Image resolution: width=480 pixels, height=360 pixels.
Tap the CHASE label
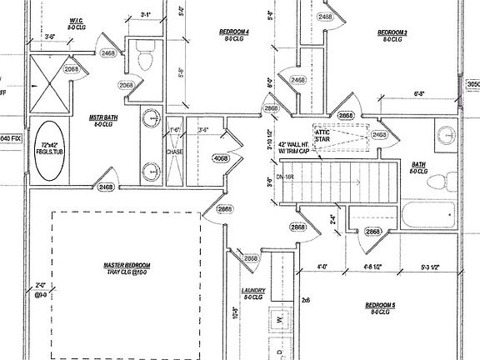[174, 152]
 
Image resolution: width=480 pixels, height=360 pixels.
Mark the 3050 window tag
[472, 84]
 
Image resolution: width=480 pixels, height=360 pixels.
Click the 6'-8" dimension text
[420, 94]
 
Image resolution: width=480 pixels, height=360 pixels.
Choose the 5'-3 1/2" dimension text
[431, 268]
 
